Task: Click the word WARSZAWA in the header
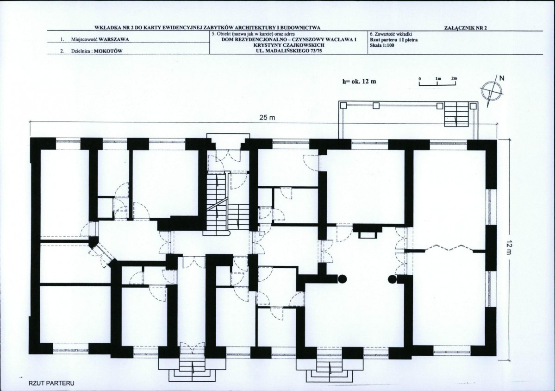pos(113,40)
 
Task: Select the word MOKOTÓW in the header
pos(108,51)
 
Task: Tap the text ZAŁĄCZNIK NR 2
pos(465,28)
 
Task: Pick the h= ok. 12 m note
pos(359,82)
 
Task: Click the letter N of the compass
pos(502,78)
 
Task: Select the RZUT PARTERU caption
pos(51,383)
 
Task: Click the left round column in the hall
pos(342,279)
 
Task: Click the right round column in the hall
pos(392,279)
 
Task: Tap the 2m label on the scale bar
pos(454,78)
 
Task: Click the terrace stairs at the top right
pos(456,114)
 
